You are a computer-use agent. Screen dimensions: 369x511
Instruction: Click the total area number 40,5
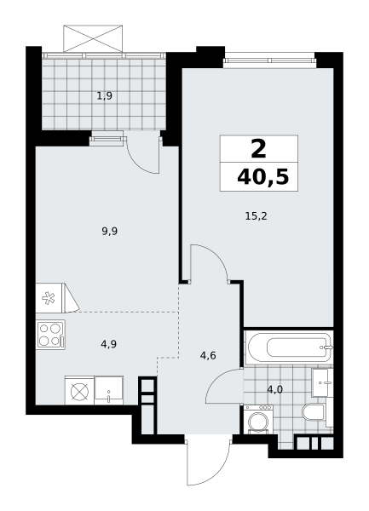click(x=263, y=177)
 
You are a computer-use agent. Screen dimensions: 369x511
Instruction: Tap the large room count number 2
click(x=259, y=149)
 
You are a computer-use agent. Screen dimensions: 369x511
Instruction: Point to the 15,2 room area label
click(x=256, y=216)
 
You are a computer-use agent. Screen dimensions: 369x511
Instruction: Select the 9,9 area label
click(x=110, y=232)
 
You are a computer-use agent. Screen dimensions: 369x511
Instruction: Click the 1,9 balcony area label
click(x=104, y=95)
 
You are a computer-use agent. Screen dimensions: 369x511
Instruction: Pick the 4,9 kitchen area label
click(x=109, y=344)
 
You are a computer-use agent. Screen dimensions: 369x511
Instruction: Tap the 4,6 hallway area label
click(x=208, y=355)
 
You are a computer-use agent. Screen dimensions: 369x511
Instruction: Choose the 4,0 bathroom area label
click(x=274, y=389)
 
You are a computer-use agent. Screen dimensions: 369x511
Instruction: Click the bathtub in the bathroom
click(x=289, y=347)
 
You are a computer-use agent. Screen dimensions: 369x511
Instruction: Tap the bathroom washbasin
click(x=322, y=382)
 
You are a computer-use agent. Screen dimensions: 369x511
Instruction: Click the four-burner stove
click(x=50, y=335)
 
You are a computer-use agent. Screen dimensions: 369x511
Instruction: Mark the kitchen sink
click(x=108, y=390)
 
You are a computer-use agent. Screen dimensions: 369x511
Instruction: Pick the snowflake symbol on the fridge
click(x=49, y=298)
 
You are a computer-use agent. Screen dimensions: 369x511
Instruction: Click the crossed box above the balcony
click(x=93, y=38)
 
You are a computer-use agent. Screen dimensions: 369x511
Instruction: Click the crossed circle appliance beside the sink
click(x=79, y=390)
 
